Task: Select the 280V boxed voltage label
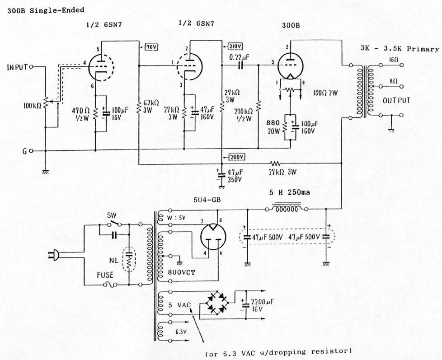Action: (237, 157)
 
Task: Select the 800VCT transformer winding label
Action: (180, 272)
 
